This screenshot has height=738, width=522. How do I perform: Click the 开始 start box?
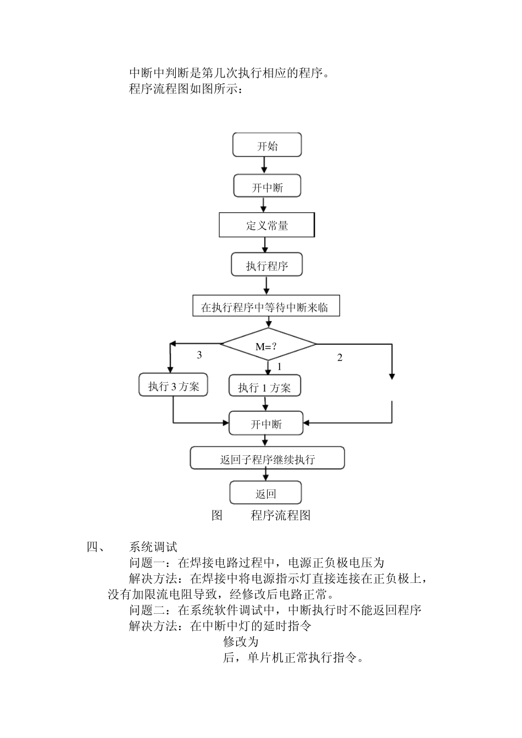267,145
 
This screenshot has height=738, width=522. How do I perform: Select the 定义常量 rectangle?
267,225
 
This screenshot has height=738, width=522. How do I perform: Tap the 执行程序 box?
266,264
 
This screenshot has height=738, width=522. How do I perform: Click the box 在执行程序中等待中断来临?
266,305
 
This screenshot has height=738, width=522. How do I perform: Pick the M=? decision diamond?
268,344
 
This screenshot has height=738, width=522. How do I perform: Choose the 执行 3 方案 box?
173,384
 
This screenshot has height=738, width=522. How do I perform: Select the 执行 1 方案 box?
265,385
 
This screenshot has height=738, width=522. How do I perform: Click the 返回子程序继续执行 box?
267,458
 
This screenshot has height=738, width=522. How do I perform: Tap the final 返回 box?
265,493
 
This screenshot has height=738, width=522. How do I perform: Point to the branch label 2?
340,357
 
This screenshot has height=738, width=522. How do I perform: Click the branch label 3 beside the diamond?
199,355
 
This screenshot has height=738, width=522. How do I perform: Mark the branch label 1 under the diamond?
280,367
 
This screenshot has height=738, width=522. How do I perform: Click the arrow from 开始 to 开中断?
264,165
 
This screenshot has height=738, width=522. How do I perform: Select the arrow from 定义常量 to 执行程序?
265,245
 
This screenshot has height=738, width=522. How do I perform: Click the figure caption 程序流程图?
280,516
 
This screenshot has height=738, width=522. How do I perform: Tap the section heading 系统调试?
153,547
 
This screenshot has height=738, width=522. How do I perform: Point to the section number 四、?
96,547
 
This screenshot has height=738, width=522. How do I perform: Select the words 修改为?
241,642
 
